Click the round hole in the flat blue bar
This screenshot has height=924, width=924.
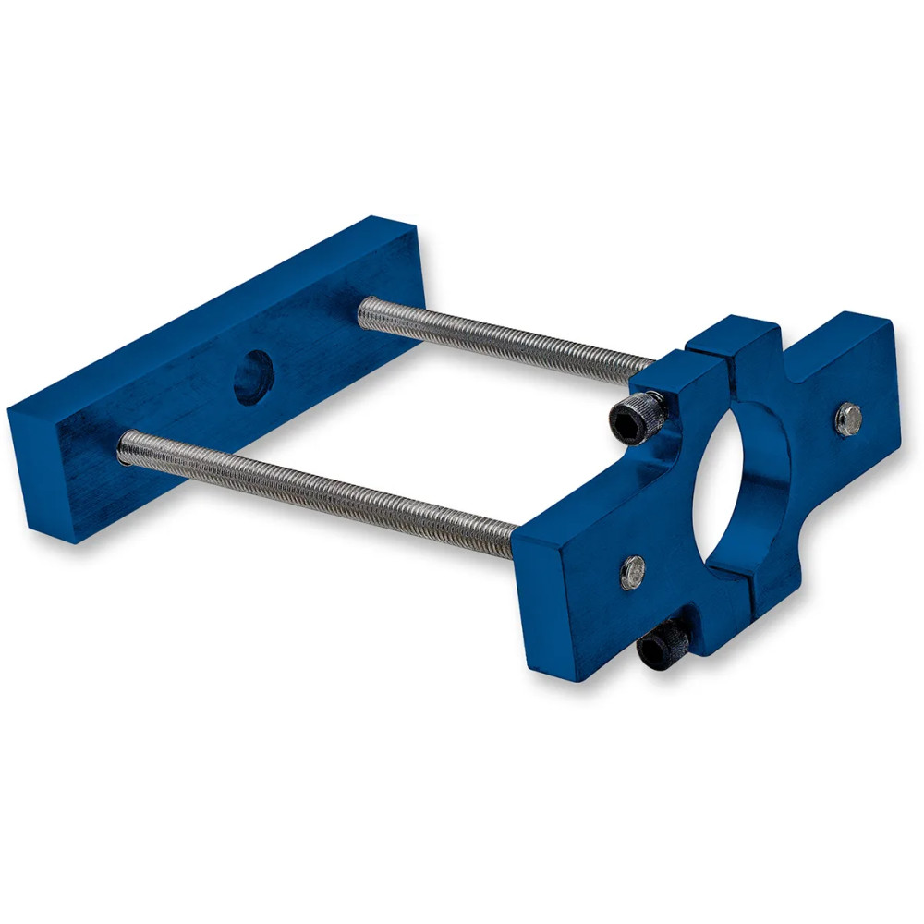pyautogui.click(x=252, y=378)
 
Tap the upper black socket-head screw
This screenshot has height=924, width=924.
pyautogui.click(x=637, y=419)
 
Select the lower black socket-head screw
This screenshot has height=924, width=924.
pyautogui.click(x=663, y=644)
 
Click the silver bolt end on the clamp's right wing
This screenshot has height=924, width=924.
pyautogui.click(x=848, y=419)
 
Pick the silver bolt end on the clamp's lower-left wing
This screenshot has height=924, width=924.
pyautogui.click(x=633, y=572)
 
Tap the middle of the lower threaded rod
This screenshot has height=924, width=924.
pyautogui.click(x=314, y=491)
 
